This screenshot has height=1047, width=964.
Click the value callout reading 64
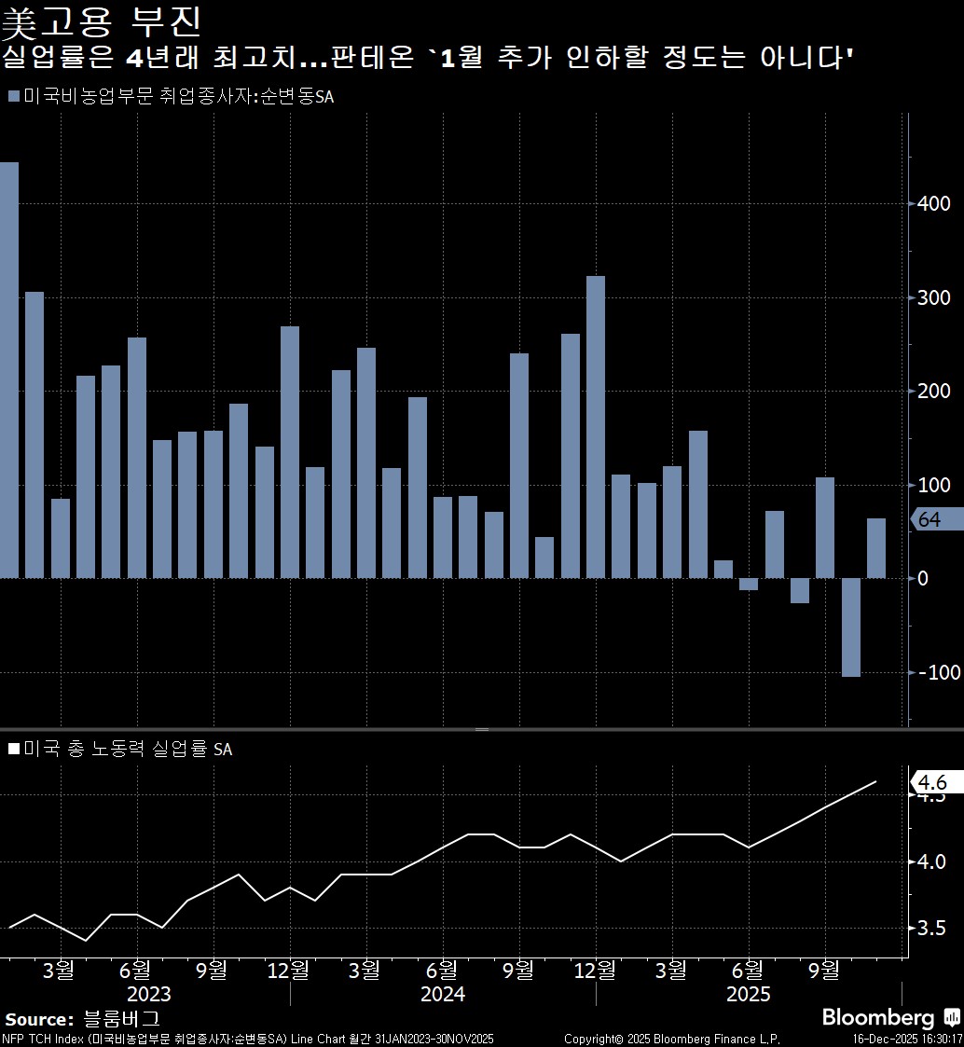(929, 520)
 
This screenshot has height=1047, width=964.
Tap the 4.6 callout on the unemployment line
(932, 781)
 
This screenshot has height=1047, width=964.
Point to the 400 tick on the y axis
(933, 203)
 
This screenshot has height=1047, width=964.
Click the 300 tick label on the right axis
(933, 297)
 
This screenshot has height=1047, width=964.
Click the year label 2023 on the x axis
(148, 994)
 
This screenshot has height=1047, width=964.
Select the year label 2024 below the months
(443, 994)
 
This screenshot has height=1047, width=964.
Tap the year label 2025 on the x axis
(749, 994)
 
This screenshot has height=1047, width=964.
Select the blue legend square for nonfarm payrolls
(13, 97)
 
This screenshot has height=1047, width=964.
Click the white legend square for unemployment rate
(13, 749)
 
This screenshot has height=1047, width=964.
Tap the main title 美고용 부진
(102, 21)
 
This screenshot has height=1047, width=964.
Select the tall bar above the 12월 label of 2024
(596, 427)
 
